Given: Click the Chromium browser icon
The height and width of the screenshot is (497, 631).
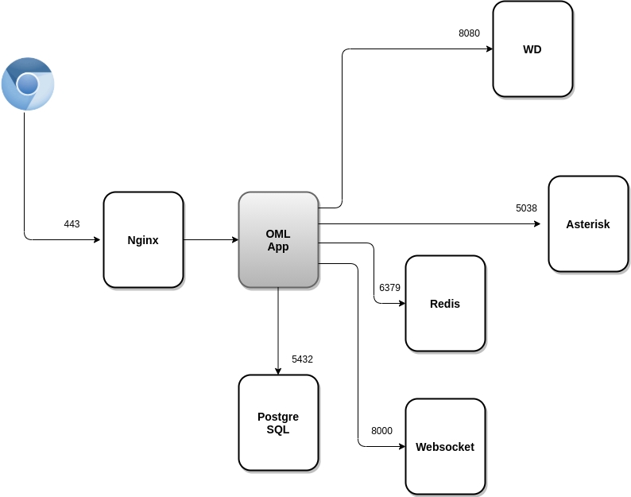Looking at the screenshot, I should pos(28,83).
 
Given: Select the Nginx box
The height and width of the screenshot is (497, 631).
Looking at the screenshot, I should pos(143,239).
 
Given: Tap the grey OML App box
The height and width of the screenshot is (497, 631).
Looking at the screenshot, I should pos(278,239).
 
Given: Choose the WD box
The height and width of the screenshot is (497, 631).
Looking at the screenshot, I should pos(532,49).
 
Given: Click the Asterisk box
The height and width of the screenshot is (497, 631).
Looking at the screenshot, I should pos(588,223).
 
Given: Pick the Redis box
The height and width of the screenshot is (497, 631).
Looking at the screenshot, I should pos(445,303).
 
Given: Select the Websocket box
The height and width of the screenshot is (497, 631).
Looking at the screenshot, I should pos(445,446).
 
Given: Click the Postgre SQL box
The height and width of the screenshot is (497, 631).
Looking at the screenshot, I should pos(278,422).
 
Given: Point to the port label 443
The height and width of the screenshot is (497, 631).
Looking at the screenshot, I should pos(72,224).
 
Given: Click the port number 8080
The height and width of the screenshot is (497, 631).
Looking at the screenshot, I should pos(469,33).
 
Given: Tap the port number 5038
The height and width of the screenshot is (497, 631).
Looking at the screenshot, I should pos(526,208).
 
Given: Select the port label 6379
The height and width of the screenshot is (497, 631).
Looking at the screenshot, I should pos(389,287).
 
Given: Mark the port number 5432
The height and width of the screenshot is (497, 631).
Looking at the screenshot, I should pos(302,359).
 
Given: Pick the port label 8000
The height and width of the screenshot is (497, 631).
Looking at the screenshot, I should pos(381,431).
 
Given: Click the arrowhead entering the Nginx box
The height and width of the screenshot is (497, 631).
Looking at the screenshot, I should pos(99,239).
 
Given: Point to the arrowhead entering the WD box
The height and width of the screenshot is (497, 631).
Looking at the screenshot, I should pos(488,49).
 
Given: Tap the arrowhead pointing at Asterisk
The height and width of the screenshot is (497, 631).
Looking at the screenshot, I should pos(536,223).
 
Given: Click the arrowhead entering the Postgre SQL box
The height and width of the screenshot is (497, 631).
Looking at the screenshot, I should pos(278,370).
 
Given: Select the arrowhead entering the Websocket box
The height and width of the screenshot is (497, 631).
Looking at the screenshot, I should pos(401,446).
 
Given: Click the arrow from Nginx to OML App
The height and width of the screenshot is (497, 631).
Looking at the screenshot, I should pos(211,239).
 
